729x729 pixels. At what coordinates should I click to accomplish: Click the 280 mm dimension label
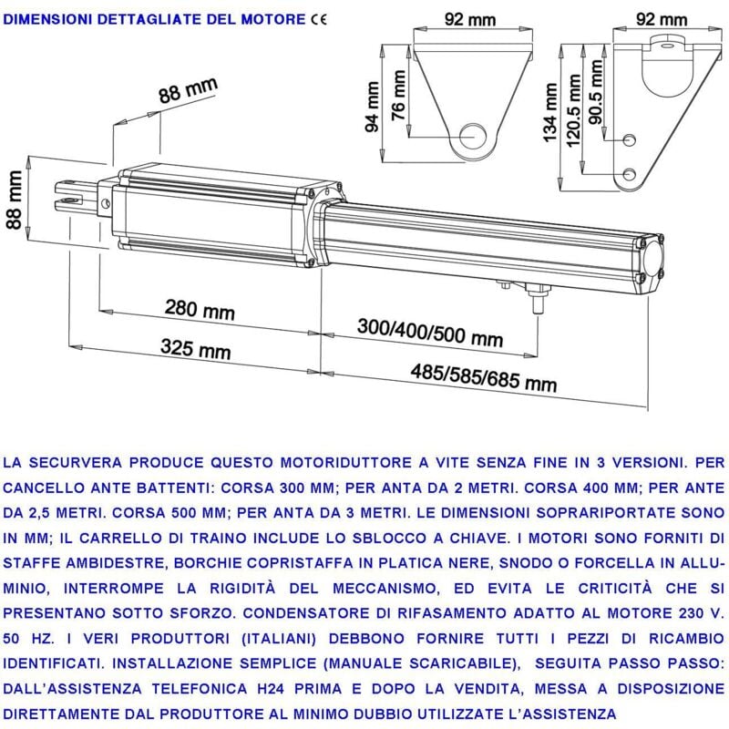(x=199, y=309)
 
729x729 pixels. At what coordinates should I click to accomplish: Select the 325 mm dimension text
(x=195, y=349)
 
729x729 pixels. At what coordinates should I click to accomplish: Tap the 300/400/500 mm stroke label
(x=429, y=332)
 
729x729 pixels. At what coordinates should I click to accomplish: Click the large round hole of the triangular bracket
(x=472, y=136)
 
